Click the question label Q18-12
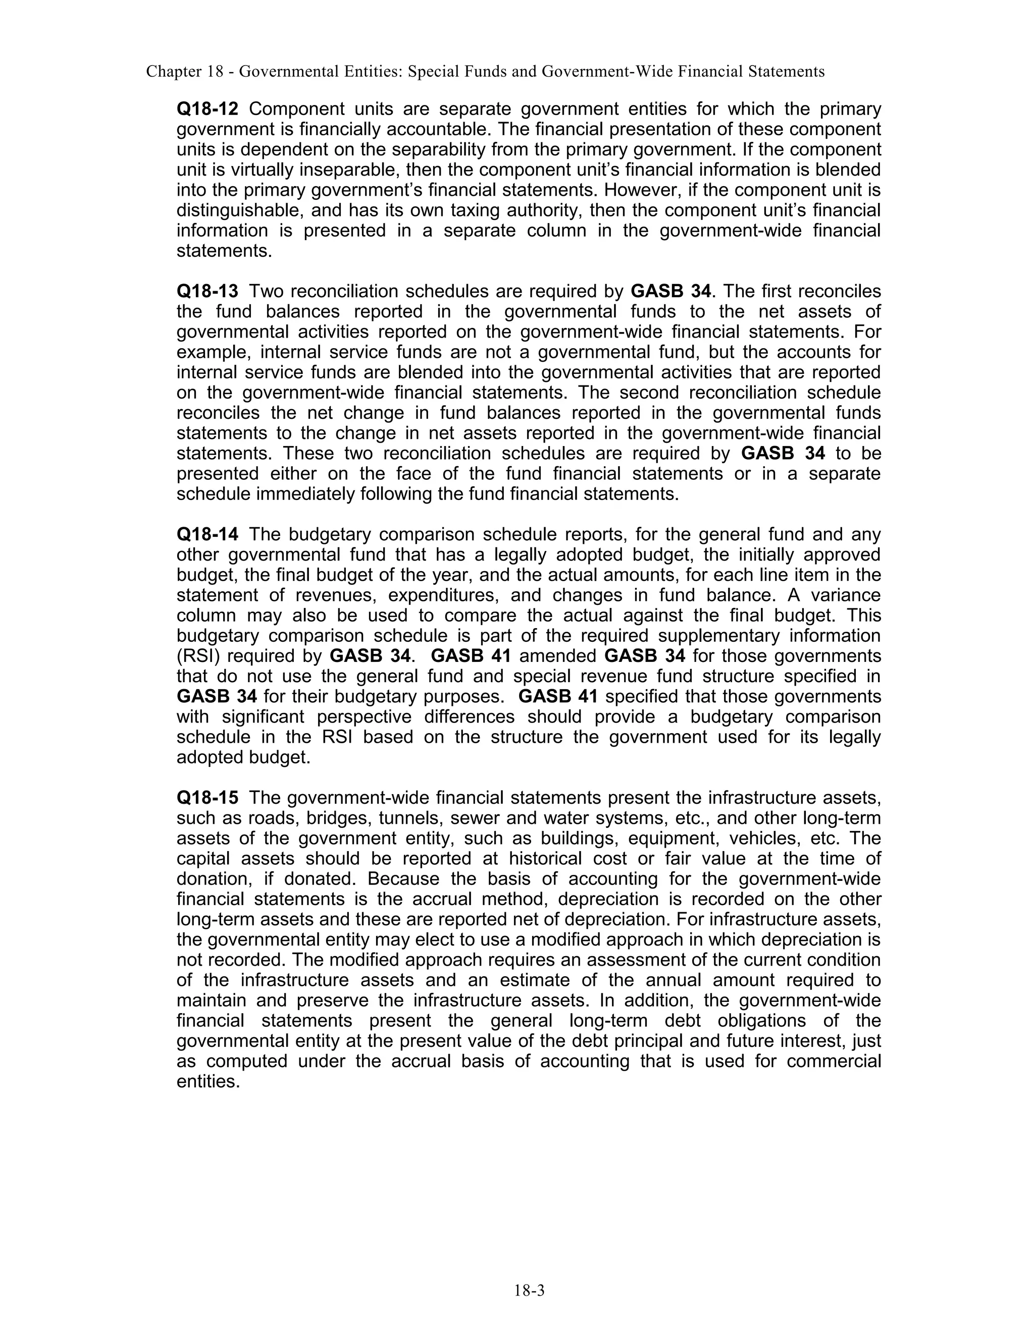207,109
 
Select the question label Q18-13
207,292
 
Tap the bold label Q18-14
207,534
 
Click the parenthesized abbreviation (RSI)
196,656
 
